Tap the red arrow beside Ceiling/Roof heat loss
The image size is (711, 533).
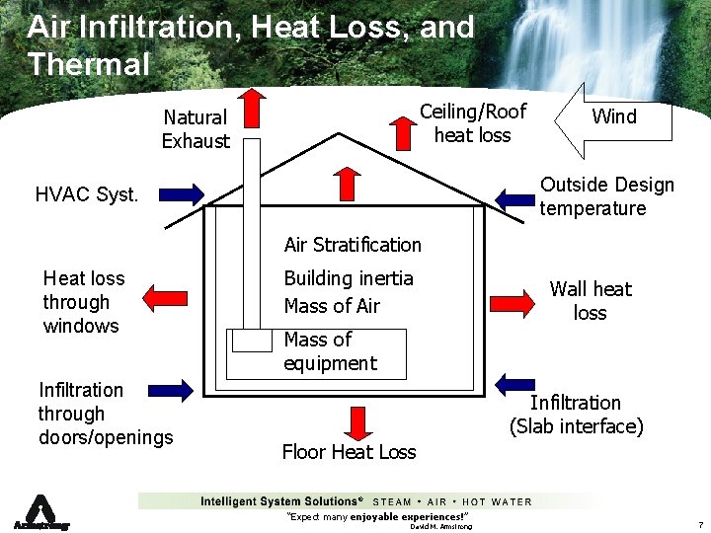(x=403, y=130)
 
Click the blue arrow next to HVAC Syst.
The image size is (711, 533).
(x=179, y=193)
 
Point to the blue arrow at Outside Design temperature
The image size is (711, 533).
(x=515, y=197)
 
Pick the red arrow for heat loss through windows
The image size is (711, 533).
(x=165, y=296)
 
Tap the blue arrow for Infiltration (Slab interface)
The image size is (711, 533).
(x=514, y=384)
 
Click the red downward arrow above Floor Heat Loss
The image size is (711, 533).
(x=355, y=421)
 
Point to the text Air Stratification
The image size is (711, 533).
(x=353, y=245)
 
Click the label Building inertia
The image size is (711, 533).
(x=349, y=278)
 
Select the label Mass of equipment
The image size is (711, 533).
(x=330, y=351)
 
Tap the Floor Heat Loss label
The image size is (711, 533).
(x=349, y=452)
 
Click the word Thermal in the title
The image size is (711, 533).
(x=89, y=65)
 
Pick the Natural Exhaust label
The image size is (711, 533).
(x=196, y=129)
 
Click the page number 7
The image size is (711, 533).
(x=698, y=524)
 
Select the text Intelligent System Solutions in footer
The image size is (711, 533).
(x=281, y=501)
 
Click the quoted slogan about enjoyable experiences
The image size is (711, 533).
(x=376, y=516)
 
